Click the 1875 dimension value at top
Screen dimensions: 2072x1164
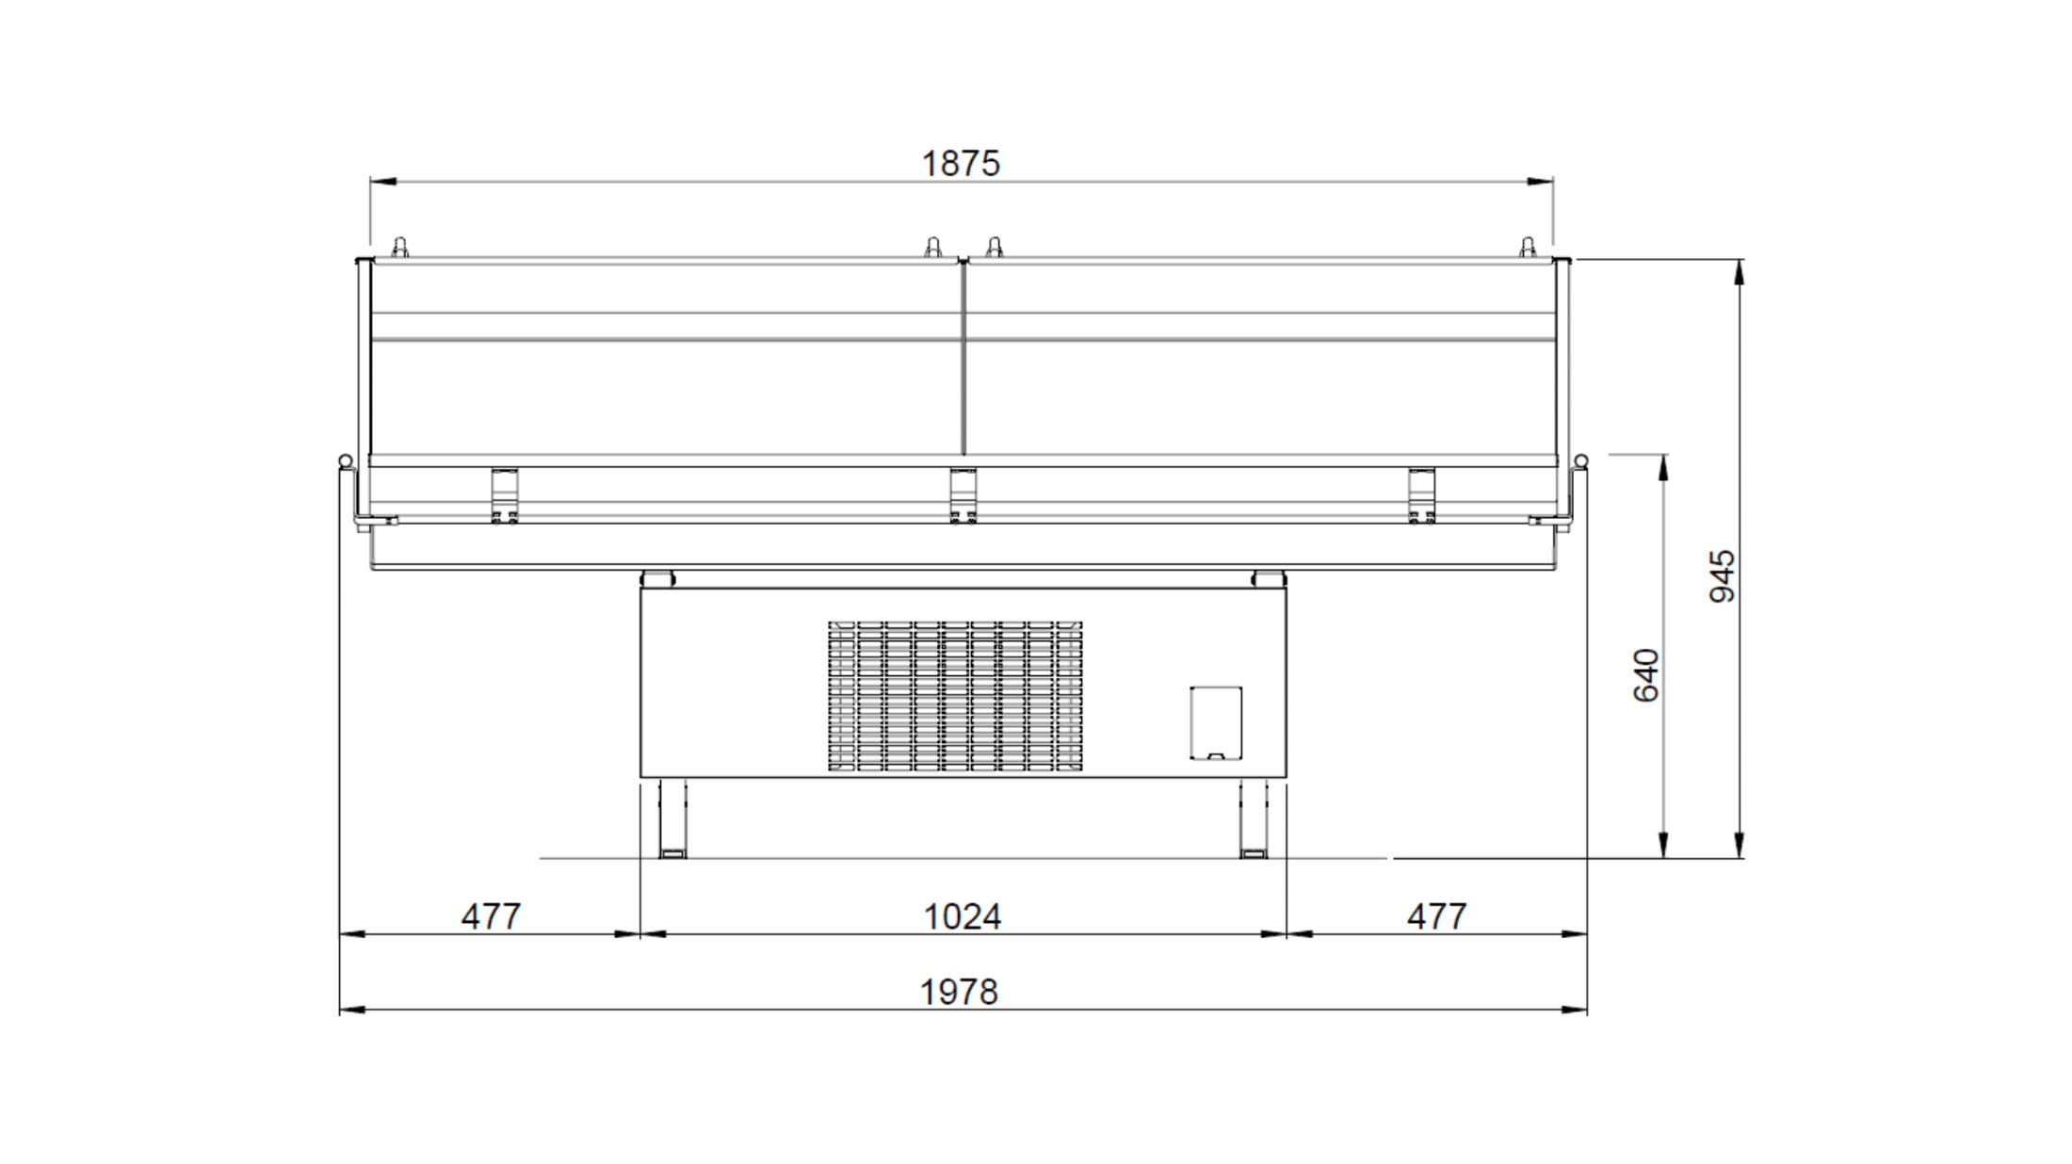point(961,164)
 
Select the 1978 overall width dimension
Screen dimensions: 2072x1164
point(959,993)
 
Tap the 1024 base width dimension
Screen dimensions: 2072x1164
point(963,917)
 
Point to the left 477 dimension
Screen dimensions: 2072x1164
point(491,917)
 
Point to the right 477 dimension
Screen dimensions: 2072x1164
point(1437,917)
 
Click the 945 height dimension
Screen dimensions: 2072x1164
point(1723,576)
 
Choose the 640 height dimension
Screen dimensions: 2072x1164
point(1646,675)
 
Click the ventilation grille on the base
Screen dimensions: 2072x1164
point(955,696)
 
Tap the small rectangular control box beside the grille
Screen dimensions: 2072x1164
point(1216,722)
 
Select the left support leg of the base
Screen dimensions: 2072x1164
point(672,817)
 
